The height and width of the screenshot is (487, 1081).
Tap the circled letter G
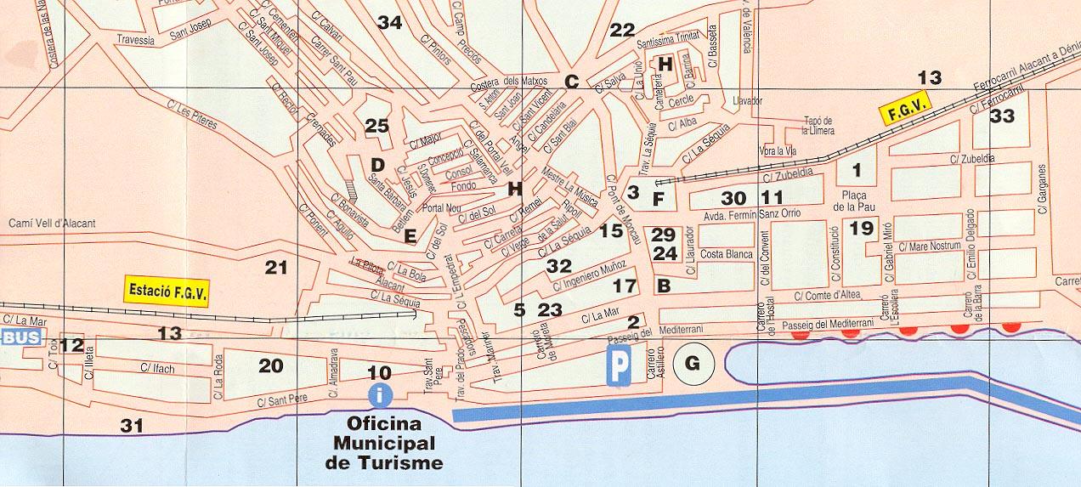pyautogui.click(x=692, y=364)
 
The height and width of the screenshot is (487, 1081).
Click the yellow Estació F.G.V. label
pyautogui.click(x=167, y=290)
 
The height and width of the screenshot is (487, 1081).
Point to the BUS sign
pyautogui.click(x=20, y=337)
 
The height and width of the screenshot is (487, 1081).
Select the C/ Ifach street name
pyautogui.click(x=157, y=369)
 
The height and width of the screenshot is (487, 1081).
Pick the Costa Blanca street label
pyautogui.click(x=726, y=255)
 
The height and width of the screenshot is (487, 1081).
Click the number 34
pyautogui.click(x=389, y=23)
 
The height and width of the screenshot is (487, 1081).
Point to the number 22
pyautogui.click(x=622, y=31)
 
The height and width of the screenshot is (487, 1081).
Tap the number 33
pyautogui.click(x=1003, y=116)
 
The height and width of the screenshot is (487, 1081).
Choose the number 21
pyautogui.click(x=276, y=268)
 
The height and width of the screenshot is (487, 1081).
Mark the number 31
pyautogui.click(x=132, y=426)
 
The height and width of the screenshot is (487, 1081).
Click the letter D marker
pyautogui.click(x=378, y=164)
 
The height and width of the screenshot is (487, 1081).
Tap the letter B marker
pyautogui.click(x=664, y=286)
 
